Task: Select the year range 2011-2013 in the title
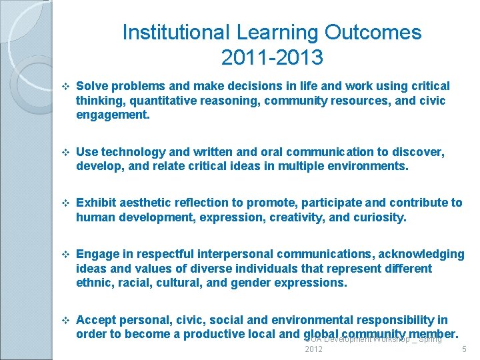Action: pos(272,58)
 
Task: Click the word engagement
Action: pos(112,115)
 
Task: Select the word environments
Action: pos(367,166)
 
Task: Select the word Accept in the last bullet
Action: pos(96,320)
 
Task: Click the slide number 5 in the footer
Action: pos(464,349)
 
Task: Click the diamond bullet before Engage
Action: pos(65,255)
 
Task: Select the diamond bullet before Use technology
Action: pos(65,153)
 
